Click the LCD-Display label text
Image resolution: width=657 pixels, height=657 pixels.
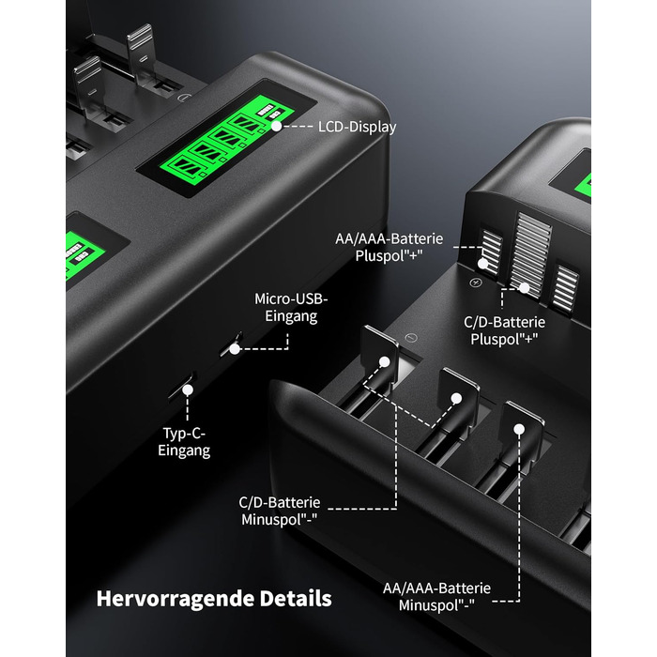(x=357, y=127)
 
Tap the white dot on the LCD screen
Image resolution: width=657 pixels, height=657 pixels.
(x=277, y=126)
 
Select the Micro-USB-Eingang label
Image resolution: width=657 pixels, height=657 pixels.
(x=291, y=308)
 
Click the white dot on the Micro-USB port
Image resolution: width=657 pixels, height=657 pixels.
(x=235, y=348)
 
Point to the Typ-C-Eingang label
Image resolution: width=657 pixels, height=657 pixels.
(x=184, y=442)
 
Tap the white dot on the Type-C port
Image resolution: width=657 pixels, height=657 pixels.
(x=188, y=390)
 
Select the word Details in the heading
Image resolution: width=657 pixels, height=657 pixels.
(x=296, y=599)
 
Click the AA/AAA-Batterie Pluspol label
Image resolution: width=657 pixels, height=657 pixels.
(x=389, y=247)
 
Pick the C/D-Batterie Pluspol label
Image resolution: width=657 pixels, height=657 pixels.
(x=505, y=330)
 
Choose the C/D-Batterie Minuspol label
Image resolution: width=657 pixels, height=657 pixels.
(x=280, y=511)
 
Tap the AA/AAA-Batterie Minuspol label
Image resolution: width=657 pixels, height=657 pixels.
(x=436, y=597)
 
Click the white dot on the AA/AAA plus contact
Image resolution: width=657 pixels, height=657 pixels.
(x=483, y=264)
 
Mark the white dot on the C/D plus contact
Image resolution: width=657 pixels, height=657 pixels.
(x=524, y=288)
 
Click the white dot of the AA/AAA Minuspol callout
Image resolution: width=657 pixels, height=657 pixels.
(x=519, y=429)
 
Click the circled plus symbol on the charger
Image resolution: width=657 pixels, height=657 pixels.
(x=475, y=283)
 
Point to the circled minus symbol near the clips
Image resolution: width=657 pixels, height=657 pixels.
(x=411, y=338)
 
